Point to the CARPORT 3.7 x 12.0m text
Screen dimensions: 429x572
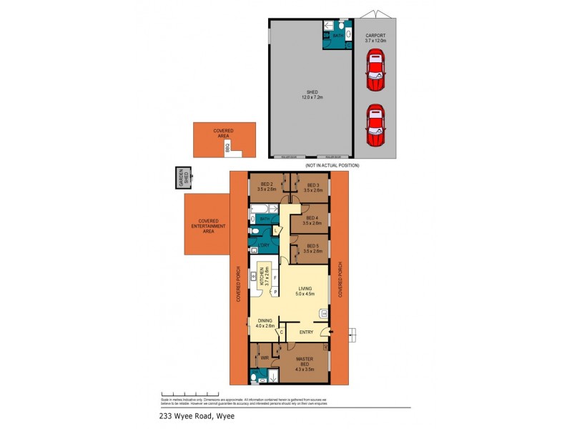pyautogui.click(x=375, y=39)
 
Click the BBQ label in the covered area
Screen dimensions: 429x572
pyautogui.click(x=227, y=148)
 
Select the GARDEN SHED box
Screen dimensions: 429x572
pyautogui.click(x=184, y=179)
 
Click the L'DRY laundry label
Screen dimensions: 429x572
pyautogui.click(x=264, y=245)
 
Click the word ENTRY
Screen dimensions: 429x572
pyautogui.click(x=306, y=332)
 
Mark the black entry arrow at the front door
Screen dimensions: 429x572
pyautogui.click(x=330, y=332)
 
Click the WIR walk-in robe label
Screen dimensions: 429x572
pyautogui.click(x=264, y=357)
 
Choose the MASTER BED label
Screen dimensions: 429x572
pyautogui.click(x=305, y=362)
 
